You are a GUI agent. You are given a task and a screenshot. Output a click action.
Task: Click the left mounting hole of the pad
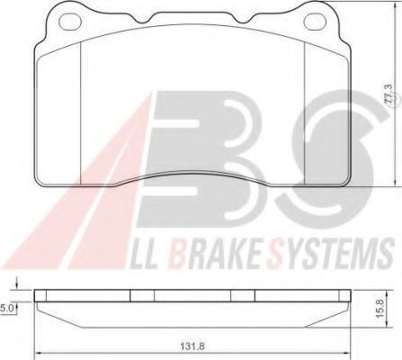[x=70, y=21]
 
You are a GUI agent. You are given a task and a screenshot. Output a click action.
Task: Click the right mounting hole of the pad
[x=315, y=21]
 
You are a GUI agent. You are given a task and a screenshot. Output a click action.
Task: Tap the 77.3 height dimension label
[x=388, y=94]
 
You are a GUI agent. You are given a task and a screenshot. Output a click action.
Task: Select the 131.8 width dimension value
[x=192, y=346]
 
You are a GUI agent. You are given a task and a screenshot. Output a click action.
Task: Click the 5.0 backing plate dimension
[x=6, y=309]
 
